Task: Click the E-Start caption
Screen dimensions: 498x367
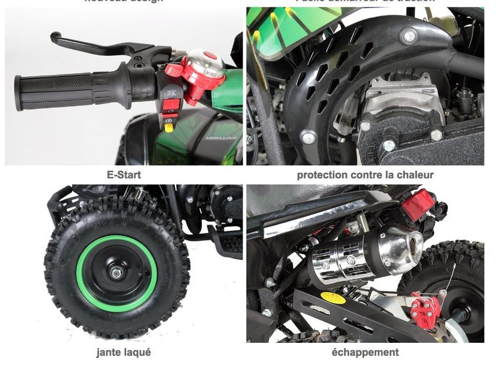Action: (x=124, y=174)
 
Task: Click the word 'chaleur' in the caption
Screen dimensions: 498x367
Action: (x=415, y=174)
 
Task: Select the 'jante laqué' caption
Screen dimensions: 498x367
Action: (x=123, y=353)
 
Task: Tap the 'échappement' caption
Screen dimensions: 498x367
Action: (x=365, y=353)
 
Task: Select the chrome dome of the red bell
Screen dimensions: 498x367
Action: (x=207, y=63)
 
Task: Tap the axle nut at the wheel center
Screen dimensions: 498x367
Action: (x=116, y=273)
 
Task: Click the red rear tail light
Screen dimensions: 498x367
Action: (x=419, y=204)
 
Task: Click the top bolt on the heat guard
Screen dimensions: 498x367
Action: (x=409, y=36)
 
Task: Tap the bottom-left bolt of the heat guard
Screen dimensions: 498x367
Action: (x=307, y=136)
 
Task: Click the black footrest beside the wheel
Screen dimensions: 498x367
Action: (x=225, y=241)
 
